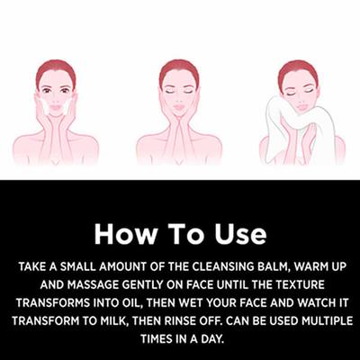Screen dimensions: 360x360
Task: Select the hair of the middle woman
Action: click(177, 69)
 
